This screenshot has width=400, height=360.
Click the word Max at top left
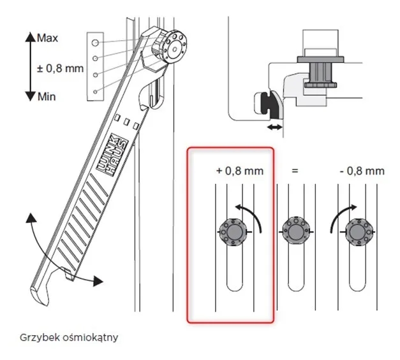point(47,38)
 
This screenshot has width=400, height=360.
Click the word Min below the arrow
point(46,96)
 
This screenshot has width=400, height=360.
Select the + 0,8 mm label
point(239,171)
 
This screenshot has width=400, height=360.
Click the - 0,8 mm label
point(361,171)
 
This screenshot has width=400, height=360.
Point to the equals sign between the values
point(295,171)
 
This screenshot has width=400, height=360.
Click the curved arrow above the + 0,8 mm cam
point(250,213)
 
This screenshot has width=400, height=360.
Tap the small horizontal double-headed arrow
point(273,129)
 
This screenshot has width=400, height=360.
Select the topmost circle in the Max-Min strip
point(94,42)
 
